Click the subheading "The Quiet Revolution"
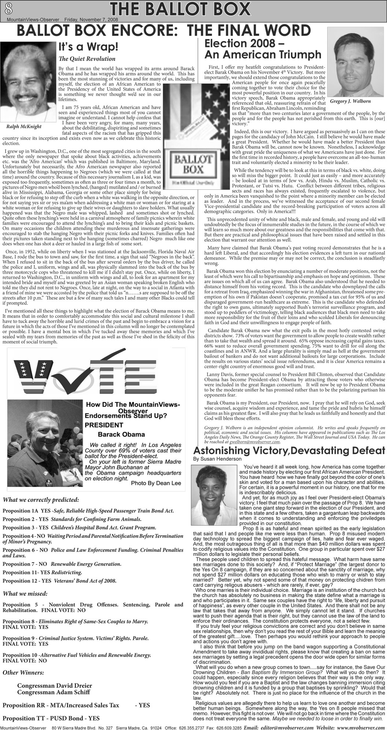coord(87,59)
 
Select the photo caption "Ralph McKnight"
coord(24,127)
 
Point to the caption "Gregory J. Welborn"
coord(350,101)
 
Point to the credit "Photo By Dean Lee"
coord(156,483)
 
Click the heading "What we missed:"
coord(25,593)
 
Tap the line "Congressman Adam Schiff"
coord(53,692)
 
